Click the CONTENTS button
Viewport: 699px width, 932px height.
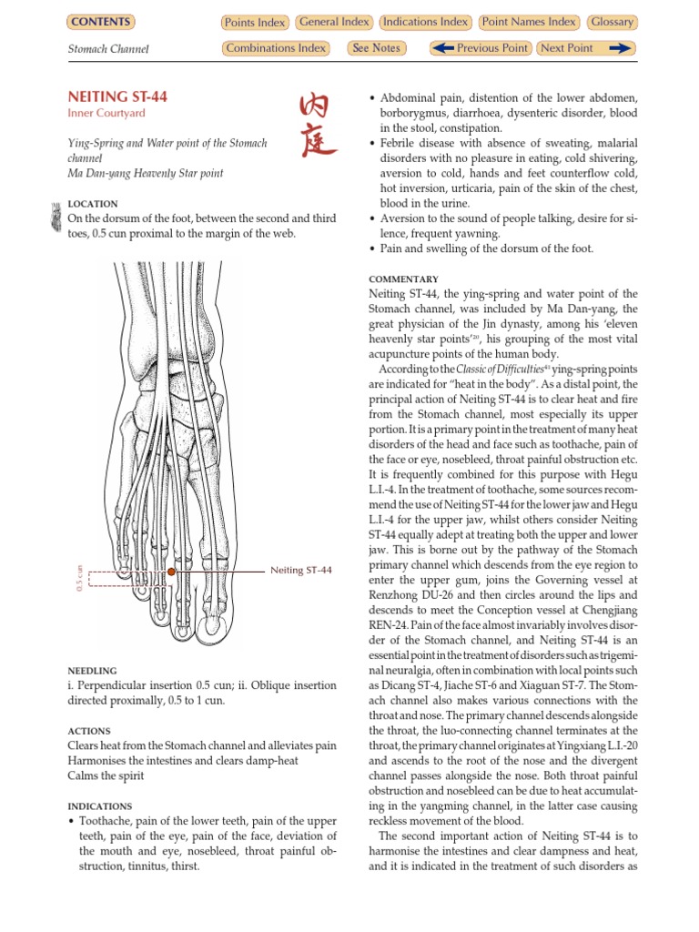100,22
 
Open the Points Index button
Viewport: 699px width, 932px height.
255,23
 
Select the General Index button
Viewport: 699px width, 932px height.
333,22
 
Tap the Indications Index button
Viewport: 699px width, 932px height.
425,22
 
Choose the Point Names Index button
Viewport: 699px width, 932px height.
529,22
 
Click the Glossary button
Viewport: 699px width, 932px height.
612,22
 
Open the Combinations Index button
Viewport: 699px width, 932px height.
276,48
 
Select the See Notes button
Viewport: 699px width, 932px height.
375,48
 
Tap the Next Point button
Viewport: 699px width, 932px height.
584,48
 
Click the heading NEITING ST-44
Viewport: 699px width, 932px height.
117,96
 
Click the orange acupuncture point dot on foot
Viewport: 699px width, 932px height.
171,572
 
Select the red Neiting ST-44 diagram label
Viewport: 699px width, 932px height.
301,571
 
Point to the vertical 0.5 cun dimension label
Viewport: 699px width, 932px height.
80,578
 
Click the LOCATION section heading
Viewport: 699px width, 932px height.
93,205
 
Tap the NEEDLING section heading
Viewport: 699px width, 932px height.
93,671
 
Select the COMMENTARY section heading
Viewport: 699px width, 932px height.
403,279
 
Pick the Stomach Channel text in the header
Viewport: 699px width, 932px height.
108,49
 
